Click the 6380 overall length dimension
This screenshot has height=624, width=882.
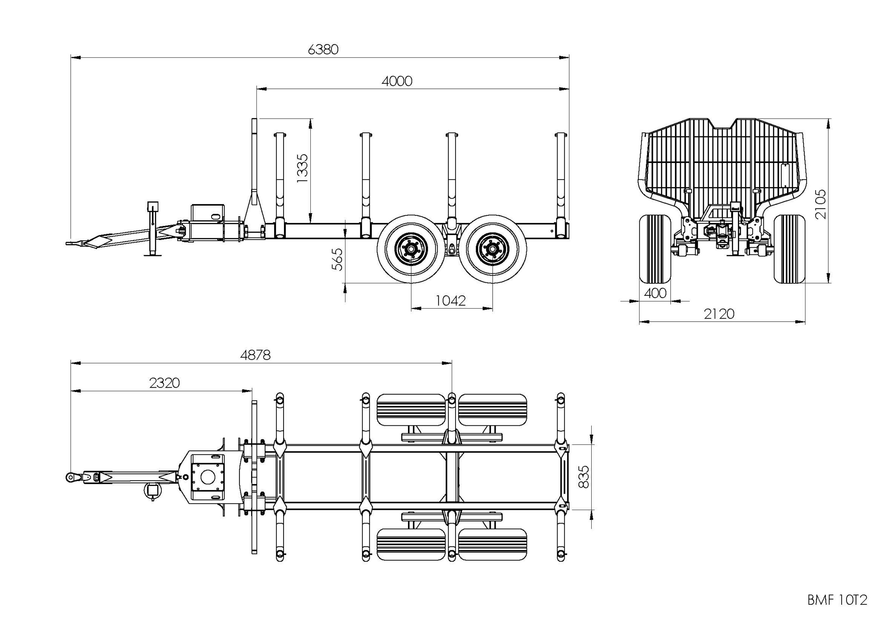click(x=323, y=50)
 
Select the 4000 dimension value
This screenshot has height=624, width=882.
click(x=397, y=81)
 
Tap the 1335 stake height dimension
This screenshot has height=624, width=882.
click(x=302, y=168)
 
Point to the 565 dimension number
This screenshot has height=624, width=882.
click(x=337, y=259)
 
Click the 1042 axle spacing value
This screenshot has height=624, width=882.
click(x=451, y=301)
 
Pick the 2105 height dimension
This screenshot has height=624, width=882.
click(x=820, y=204)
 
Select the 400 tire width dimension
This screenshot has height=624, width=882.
click(x=655, y=293)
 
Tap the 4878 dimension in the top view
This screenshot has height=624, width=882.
click(x=255, y=355)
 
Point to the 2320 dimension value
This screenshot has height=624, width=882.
click(x=164, y=383)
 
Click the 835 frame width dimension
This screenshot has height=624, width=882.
click(x=583, y=477)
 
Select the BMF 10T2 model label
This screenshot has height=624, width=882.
click(x=837, y=600)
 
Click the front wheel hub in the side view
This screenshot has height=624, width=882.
click(x=411, y=249)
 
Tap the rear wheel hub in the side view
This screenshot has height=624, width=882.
click(x=492, y=249)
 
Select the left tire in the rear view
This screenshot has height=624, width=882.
click(x=655, y=249)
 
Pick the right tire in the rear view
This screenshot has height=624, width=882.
click(x=789, y=249)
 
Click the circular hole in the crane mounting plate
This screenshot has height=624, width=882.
click(x=208, y=477)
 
